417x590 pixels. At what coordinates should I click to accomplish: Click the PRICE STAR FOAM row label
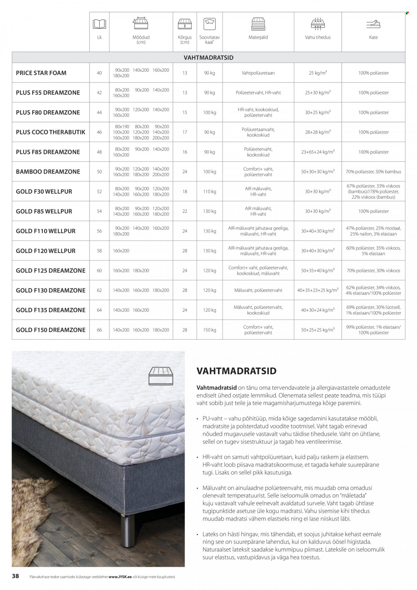click(x=41, y=73)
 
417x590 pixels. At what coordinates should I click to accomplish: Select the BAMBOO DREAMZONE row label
click(x=48, y=172)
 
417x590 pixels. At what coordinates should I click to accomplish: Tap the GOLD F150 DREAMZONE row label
click(x=51, y=330)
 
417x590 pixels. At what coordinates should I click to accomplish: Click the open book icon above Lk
click(x=99, y=24)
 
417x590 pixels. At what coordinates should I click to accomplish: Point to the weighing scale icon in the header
click(x=210, y=24)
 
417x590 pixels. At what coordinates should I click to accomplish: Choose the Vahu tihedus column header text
click(x=318, y=37)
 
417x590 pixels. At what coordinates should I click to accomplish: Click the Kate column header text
click(x=373, y=37)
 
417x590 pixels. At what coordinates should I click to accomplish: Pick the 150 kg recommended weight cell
click(x=210, y=330)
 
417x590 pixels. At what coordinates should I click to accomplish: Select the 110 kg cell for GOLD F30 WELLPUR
click(x=210, y=192)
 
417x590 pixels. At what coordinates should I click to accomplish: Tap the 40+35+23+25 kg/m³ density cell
click(x=318, y=290)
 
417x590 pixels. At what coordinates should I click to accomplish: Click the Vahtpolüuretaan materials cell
click(x=258, y=73)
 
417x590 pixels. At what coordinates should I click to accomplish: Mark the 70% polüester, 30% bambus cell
click(x=373, y=172)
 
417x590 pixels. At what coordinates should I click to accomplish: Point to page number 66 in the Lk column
click(x=99, y=330)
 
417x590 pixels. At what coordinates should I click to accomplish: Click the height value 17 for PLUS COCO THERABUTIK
click(x=185, y=132)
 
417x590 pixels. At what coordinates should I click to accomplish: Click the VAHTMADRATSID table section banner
click(x=208, y=57)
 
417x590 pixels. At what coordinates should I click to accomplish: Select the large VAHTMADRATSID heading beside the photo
click(x=237, y=371)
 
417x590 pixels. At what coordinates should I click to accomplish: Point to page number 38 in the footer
click(x=15, y=576)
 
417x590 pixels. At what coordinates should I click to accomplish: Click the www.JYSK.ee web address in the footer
click(x=120, y=576)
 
